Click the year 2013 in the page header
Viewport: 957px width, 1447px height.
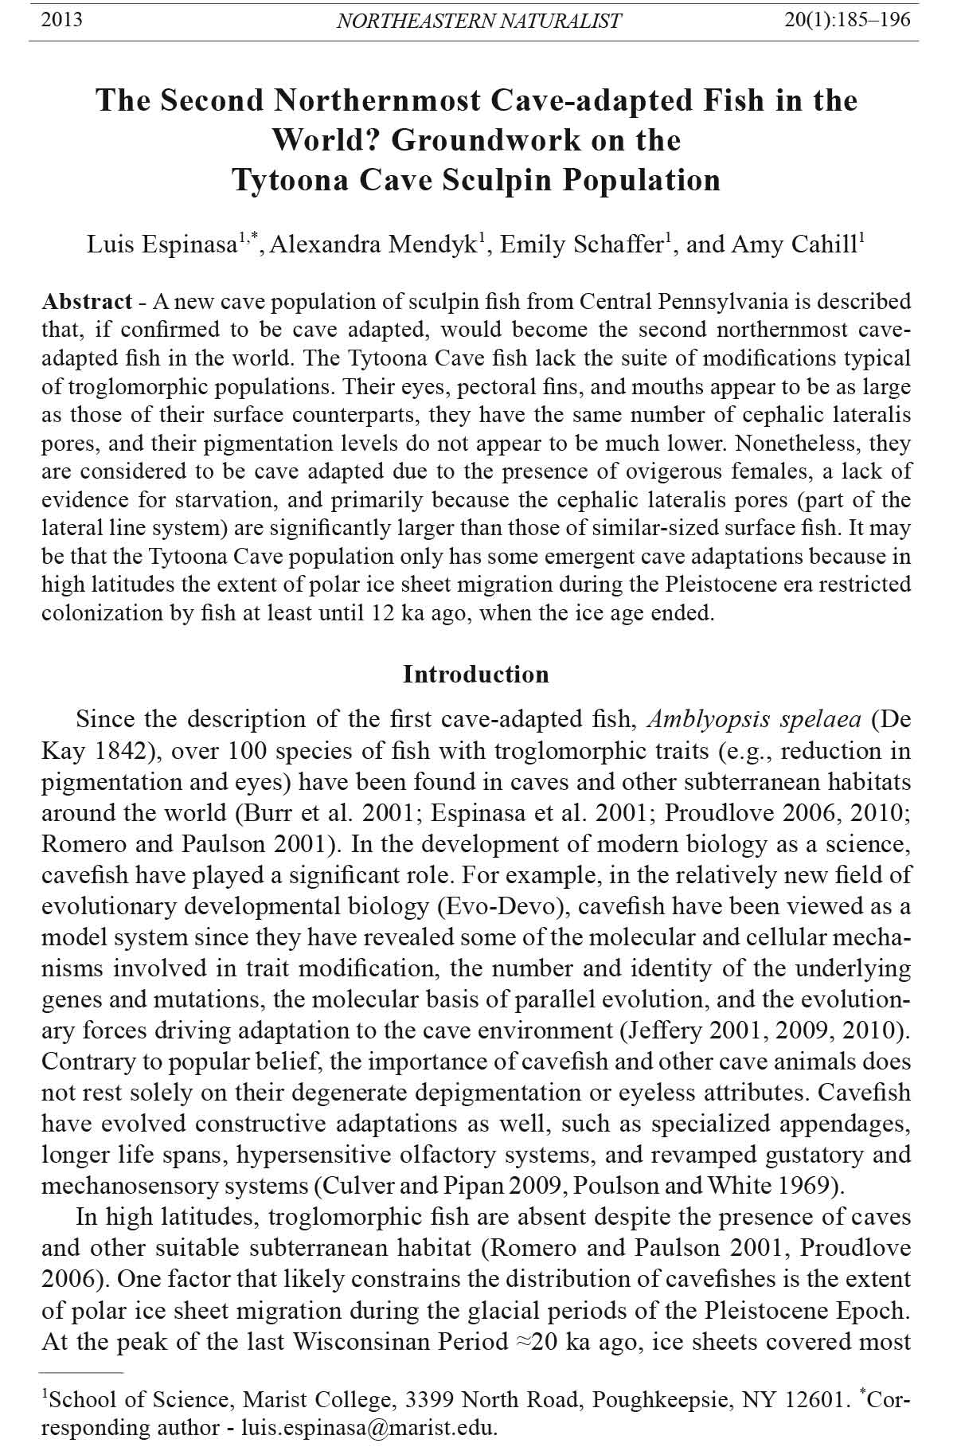pos(61,20)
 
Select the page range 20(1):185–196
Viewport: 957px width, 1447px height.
pos(847,20)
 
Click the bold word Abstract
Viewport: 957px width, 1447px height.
pos(87,302)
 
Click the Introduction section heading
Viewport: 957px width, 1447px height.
pos(476,675)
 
